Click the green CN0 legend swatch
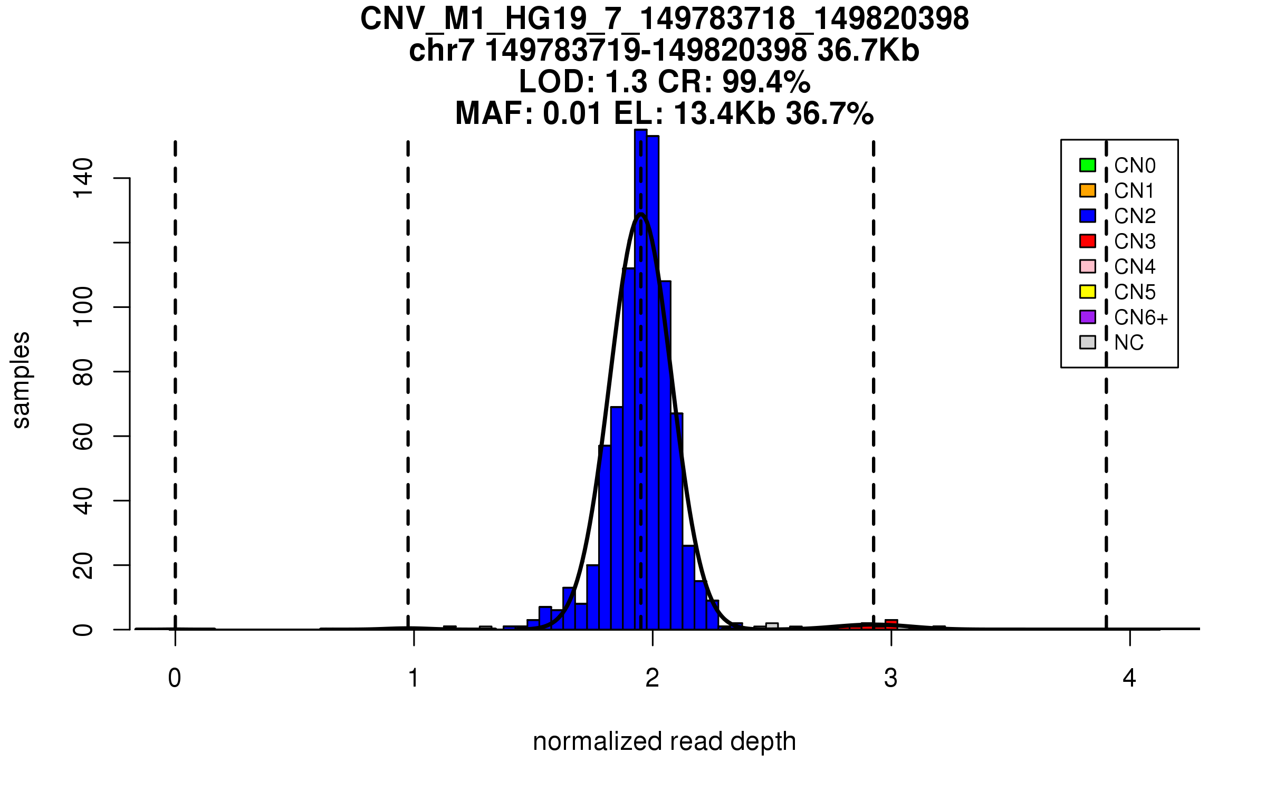1087,165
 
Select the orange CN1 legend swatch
1087,190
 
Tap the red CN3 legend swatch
1087,241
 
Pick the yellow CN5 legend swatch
1087,292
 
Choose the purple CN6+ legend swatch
1087,317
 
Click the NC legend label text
1128,343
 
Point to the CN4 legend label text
1134,267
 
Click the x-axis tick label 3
891,678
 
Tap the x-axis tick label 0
175,678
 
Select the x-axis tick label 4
1129,678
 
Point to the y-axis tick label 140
83,178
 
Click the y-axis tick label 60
83,436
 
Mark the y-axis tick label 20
83,565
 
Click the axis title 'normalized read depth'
664,741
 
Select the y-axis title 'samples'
21,380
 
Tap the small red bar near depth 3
891,624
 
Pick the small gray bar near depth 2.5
772,626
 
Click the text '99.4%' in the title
766,82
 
